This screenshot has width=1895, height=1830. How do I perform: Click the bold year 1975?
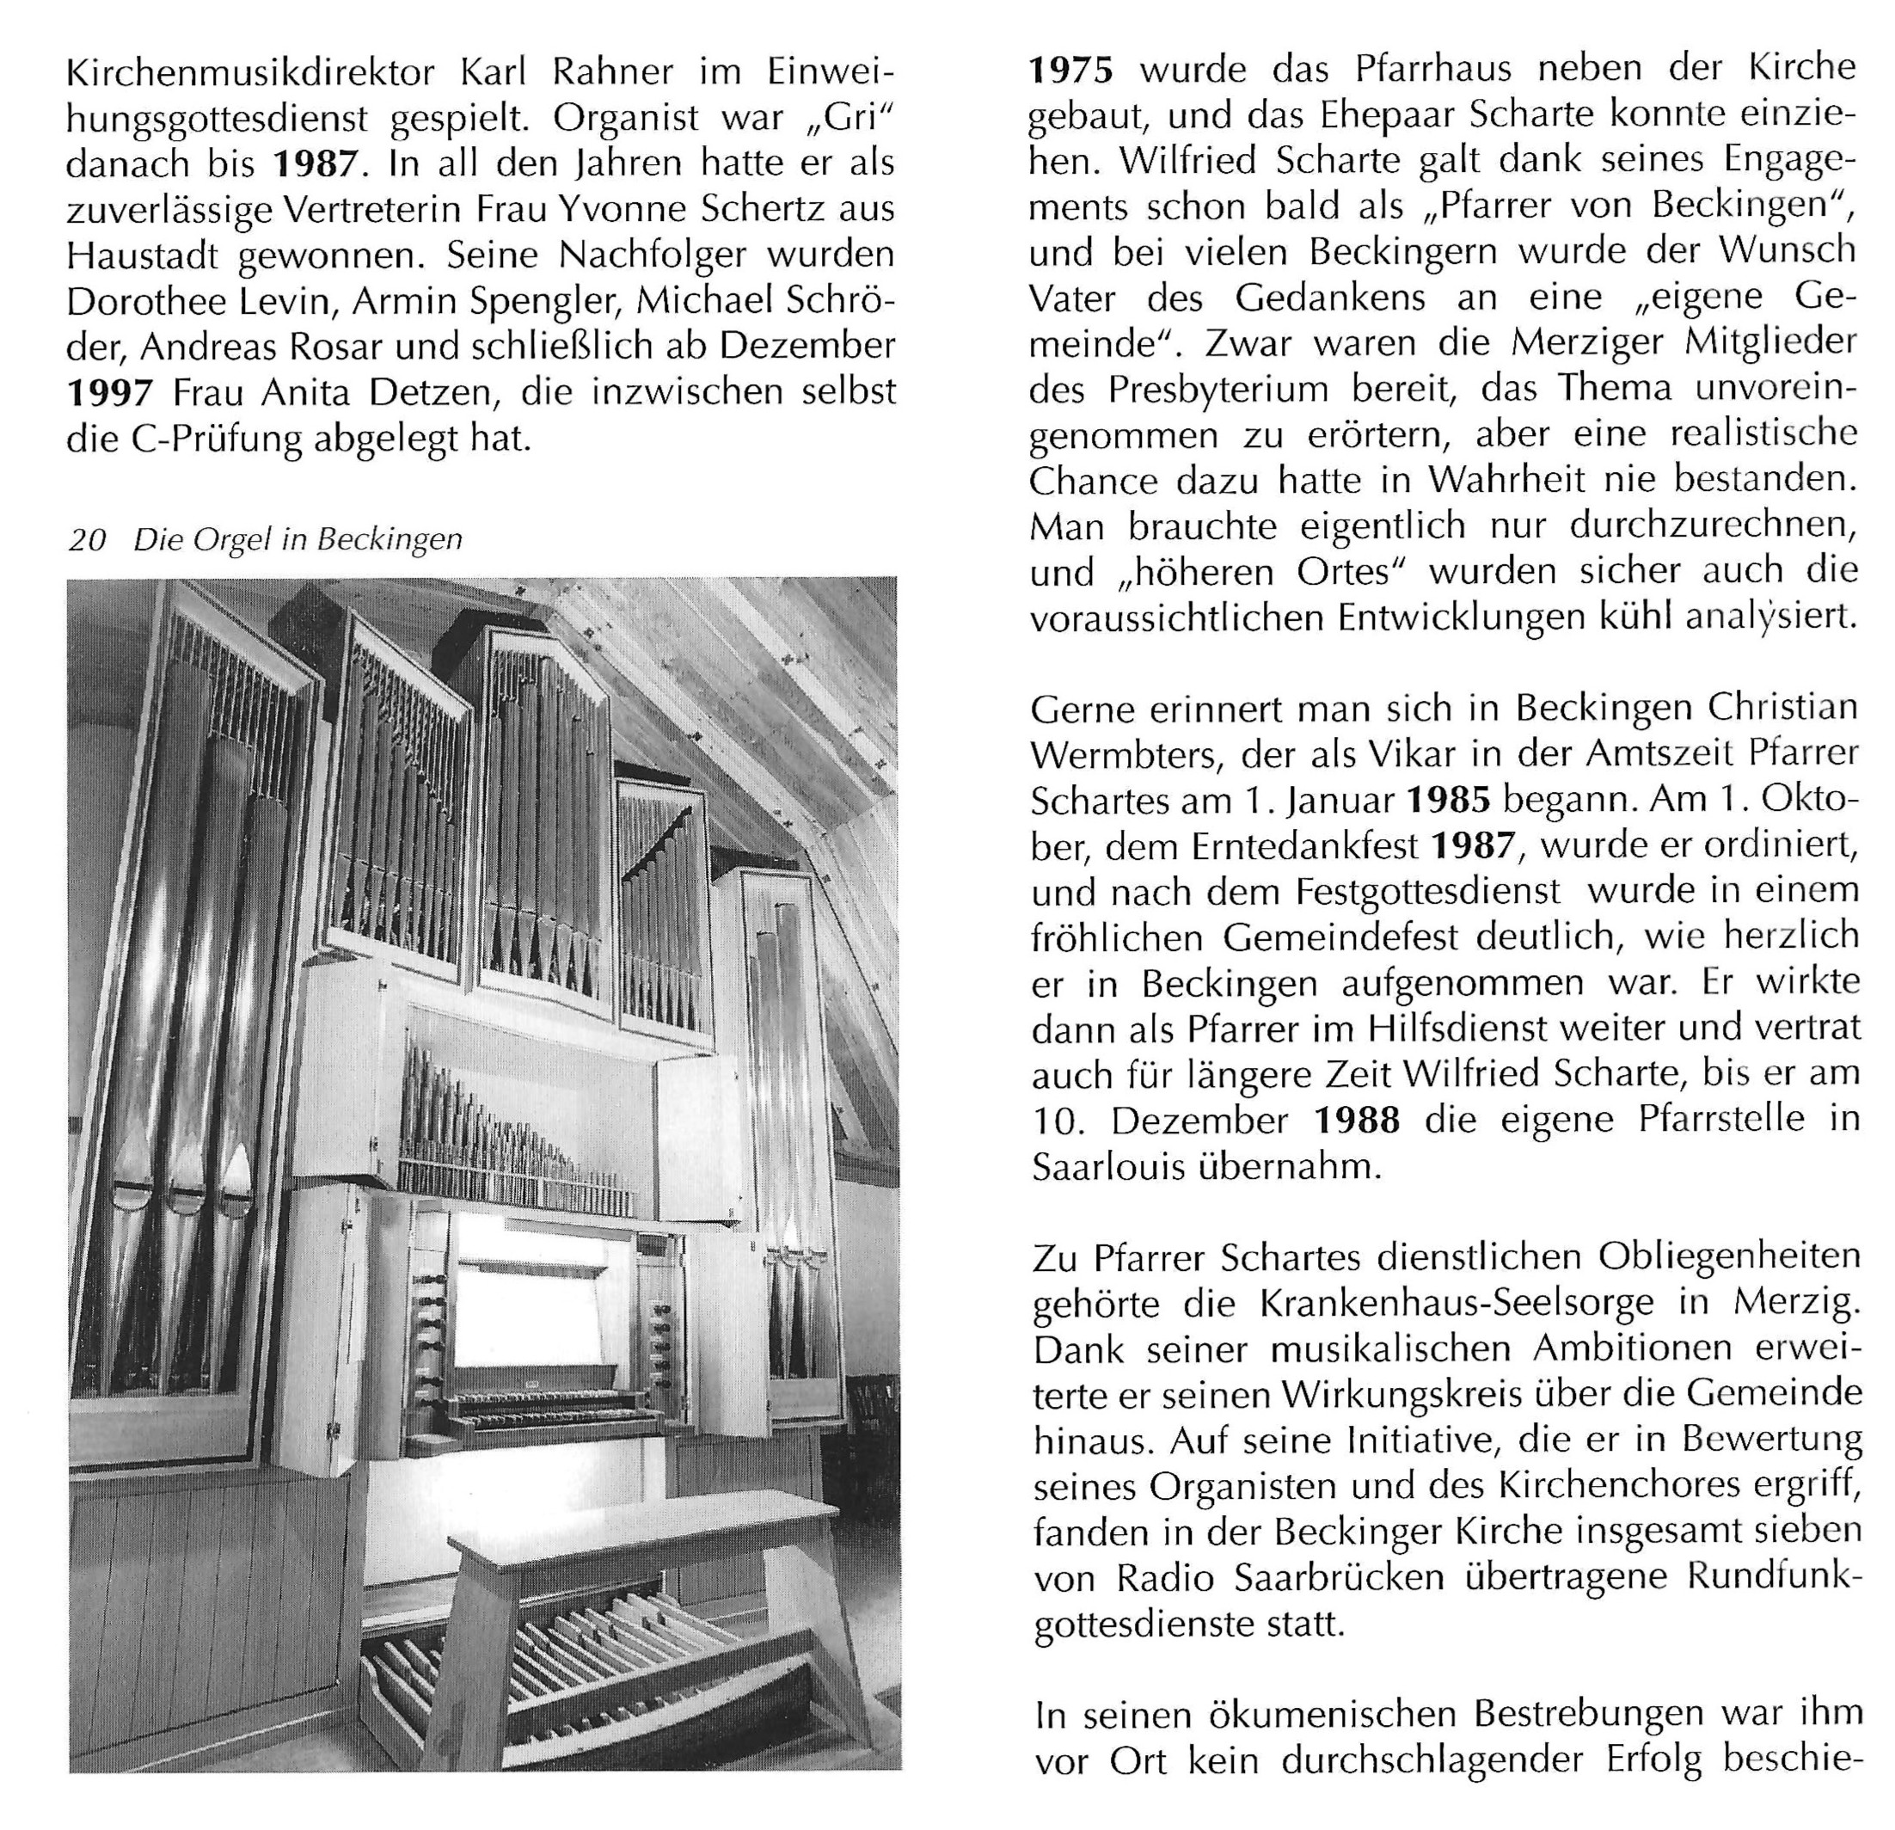pyautogui.click(x=1070, y=70)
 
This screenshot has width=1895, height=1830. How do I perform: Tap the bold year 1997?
pyautogui.click(x=109, y=394)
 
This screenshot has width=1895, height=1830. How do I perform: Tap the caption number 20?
pyautogui.click(x=87, y=540)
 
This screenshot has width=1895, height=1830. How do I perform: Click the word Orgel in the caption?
pyautogui.click(x=232, y=540)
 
